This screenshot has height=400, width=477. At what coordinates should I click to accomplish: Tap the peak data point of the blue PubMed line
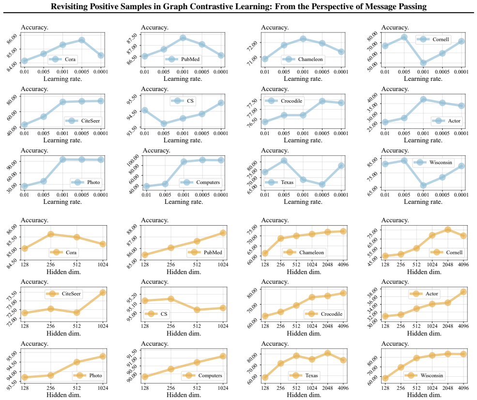[x=183, y=38]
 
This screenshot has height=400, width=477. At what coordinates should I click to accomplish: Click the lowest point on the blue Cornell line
[x=423, y=63]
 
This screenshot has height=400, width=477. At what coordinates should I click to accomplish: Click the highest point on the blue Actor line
[x=423, y=99]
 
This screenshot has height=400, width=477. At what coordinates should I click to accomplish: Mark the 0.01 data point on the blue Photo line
[x=25, y=186]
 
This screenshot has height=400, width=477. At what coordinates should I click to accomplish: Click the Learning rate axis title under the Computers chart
[x=184, y=201]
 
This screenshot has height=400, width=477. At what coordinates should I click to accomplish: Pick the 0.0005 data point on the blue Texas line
[x=322, y=185]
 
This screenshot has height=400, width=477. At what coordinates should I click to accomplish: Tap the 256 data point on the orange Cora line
[x=50, y=234]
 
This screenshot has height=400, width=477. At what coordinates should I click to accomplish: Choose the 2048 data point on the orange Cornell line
[x=448, y=230]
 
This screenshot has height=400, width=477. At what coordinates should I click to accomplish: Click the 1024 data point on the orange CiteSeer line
[x=103, y=292]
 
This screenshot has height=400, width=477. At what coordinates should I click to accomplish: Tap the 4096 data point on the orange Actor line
[x=463, y=292]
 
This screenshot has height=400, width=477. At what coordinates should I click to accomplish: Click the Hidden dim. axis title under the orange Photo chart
[x=63, y=395]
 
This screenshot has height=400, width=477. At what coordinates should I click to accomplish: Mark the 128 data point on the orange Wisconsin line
[x=385, y=378]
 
